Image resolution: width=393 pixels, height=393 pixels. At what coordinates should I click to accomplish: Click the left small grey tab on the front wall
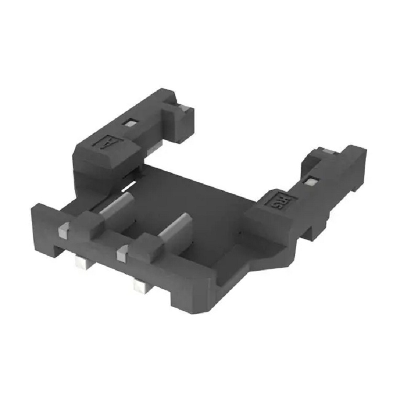pyautogui.click(x=64, y=227)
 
